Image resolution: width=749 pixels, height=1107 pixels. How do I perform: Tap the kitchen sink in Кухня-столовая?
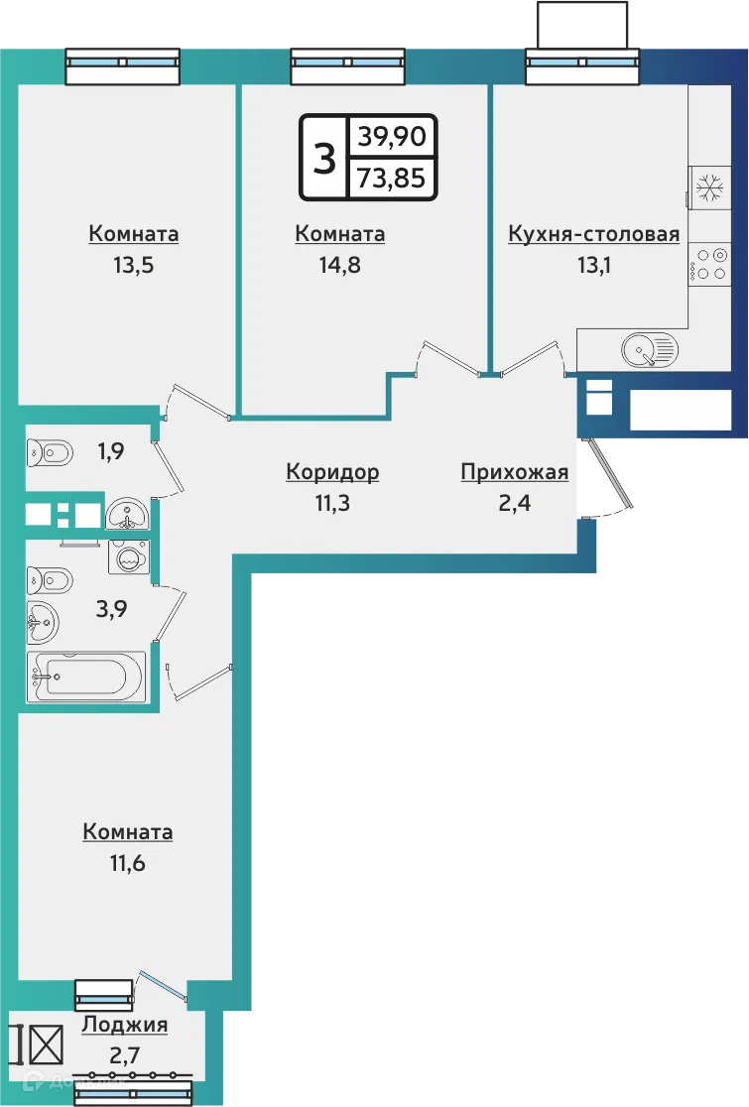[649, 348]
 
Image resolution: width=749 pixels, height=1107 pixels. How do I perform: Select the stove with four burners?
[708, 264]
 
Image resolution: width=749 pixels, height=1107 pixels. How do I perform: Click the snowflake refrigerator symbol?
[708, 188]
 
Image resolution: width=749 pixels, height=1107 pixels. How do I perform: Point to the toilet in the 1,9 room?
[50, 453]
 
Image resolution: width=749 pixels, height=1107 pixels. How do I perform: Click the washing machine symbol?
[128, 557]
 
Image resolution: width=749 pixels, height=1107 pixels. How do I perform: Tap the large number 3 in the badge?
[324, 158]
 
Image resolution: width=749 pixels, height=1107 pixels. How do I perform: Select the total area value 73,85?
[392, 180]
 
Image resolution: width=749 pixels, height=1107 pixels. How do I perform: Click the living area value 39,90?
[392, 137]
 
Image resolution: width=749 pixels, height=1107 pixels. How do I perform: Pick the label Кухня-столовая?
[593, 234]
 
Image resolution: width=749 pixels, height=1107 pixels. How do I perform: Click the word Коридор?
[332, 472]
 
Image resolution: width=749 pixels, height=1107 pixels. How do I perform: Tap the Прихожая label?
[514, 472]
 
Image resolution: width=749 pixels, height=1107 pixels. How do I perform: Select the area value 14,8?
[339, 265]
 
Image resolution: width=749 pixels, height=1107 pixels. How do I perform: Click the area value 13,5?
[134, 265]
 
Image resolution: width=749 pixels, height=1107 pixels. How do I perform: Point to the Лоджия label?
[125, 1025]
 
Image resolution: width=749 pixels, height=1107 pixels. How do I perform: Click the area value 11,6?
[127, 862]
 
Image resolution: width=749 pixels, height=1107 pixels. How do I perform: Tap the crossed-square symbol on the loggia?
[46, 1043]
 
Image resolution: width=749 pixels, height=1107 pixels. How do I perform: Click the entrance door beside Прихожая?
[609, 475]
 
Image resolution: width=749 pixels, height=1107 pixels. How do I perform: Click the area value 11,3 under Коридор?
[332, 503]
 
